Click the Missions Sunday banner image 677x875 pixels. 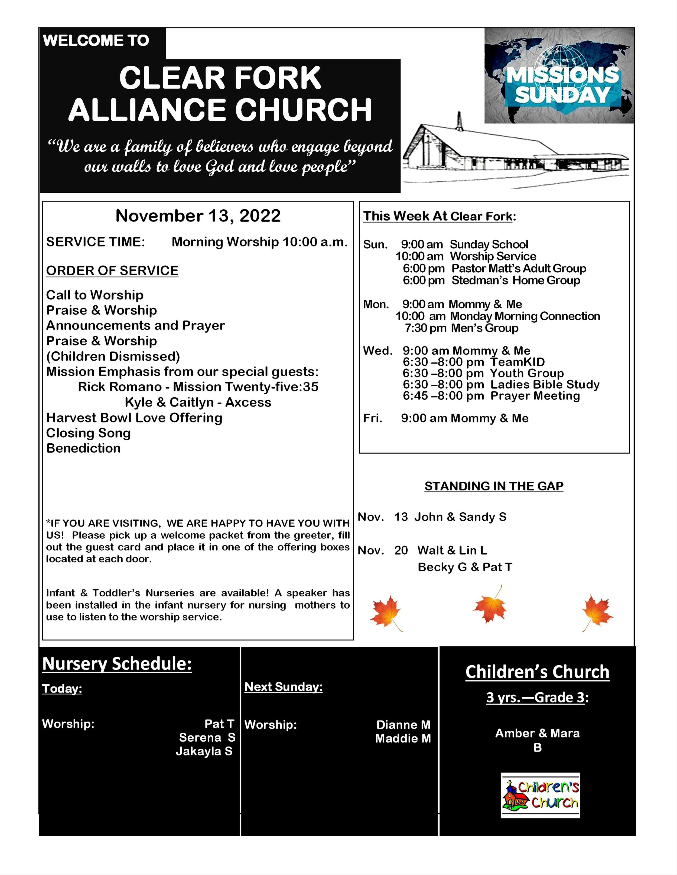[559, 76]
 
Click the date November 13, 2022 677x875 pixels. [198, 216]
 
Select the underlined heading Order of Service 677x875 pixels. [112, 271]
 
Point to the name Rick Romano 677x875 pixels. [119, 387]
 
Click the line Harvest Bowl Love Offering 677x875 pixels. [134, 418]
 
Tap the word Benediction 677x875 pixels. [83, 448]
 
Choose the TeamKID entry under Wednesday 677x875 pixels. [517, 362]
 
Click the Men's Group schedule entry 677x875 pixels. [484, 328]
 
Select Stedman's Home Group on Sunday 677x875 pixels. [516, 280]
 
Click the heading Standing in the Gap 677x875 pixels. [494, 486]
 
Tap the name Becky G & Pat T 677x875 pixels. [465, 567]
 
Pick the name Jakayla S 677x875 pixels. [204, 751]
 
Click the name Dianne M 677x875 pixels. [403, 725]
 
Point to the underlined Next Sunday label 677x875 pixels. [284, 687]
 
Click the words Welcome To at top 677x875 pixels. [96, 41]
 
